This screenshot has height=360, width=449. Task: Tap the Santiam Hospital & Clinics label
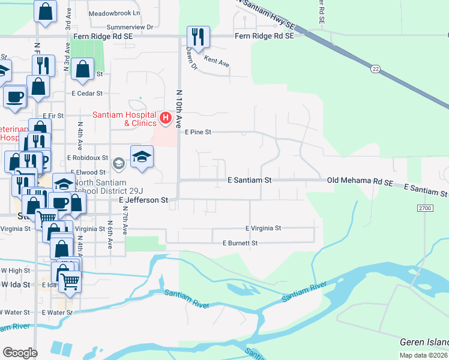[x=123, y=119]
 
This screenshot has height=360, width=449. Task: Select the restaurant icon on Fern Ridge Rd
[x=198, y=37]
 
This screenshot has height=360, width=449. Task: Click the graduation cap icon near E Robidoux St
[x=142, y=157]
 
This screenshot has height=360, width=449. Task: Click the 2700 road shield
[x=424, y=207]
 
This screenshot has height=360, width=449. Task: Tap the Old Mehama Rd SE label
[x=360, y=180]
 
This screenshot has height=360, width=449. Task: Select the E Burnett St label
[x=240, y=243]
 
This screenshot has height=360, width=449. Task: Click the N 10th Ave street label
[x=178, y=109]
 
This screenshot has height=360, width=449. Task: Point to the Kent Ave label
[x=217, y=61]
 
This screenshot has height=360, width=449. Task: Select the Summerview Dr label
[x=130, y=27]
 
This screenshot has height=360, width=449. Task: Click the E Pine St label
[x=198, y=131]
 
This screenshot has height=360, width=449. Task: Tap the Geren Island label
[x=424, y=342]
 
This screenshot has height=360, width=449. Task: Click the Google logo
[x=20, y=353]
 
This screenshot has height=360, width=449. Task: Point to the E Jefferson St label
[x=143, y=200]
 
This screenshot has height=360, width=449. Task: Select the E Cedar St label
[x=88, y=94]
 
